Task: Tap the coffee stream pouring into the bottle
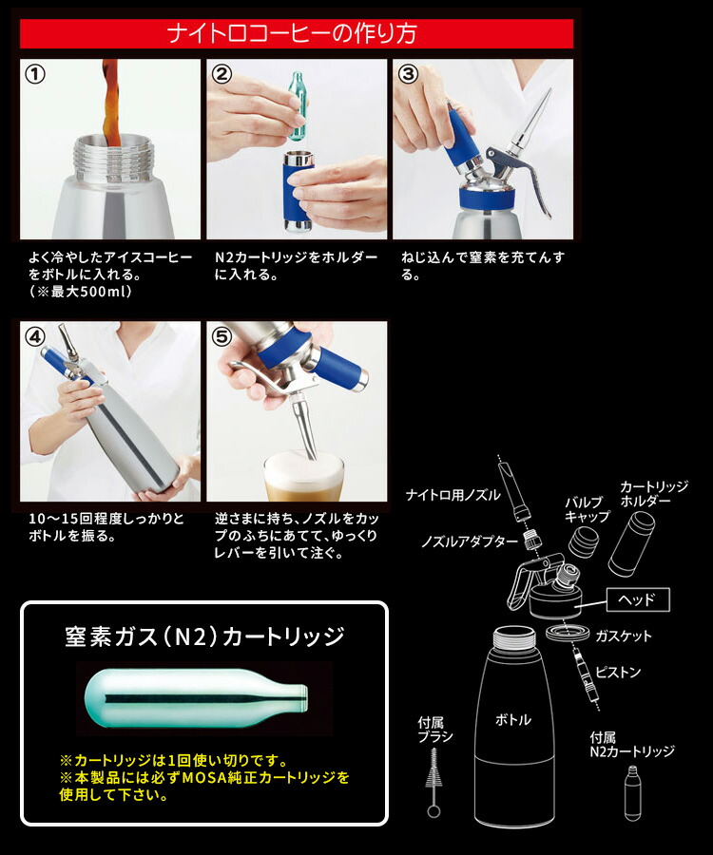110,104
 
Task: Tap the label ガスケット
623,636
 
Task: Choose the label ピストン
618,673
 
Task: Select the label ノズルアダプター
470,541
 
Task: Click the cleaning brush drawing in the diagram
435,779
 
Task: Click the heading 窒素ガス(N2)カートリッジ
204,636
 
